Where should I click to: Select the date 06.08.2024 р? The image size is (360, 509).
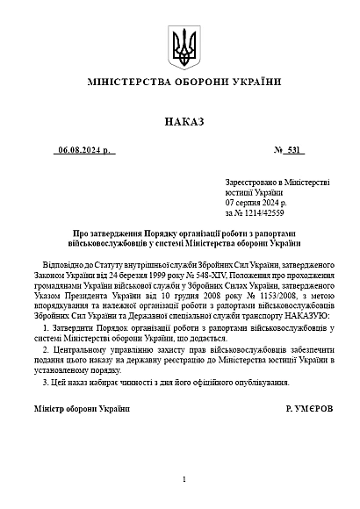[x=86, y=151]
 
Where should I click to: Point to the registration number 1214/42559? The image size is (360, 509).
[x=261, y=212]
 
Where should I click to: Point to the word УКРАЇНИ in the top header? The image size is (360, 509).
[x=256, y=82]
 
